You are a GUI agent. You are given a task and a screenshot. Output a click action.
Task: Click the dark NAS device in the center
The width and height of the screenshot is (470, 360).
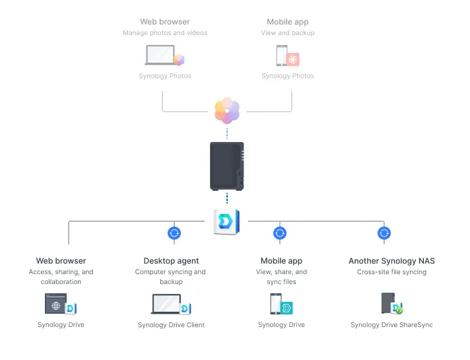coord(227,166)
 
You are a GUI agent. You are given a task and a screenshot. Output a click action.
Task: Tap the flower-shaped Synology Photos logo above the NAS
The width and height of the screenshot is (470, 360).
coord(227,111)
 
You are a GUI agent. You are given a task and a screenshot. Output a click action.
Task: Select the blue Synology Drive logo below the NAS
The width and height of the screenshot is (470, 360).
coord(226,222)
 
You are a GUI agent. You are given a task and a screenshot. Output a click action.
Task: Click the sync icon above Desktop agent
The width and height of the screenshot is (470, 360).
coord(174,233)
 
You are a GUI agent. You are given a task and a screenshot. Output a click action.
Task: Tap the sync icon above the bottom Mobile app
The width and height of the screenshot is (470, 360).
coord(280,233)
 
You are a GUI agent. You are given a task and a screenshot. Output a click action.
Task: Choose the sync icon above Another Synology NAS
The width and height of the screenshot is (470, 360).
coord(384,233)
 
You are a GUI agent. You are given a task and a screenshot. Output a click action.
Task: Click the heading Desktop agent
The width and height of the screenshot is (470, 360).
coord(171,261)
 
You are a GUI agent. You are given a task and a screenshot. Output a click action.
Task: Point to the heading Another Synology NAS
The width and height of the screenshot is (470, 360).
coord(391,261)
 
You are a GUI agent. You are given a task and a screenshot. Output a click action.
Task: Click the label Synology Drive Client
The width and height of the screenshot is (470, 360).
coord(171,325)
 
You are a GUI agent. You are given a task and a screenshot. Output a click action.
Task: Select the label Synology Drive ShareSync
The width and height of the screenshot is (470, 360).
coord(391,325)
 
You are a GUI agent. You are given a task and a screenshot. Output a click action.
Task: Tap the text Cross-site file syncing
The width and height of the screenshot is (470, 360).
coord(391,271)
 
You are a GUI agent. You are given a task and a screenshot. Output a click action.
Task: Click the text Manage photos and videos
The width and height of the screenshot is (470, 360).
coord(165,33)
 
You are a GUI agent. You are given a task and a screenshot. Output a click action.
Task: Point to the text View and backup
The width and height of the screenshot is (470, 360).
coord(288,33)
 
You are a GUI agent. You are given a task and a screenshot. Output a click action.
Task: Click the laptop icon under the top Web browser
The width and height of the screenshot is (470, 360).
coord(160,55)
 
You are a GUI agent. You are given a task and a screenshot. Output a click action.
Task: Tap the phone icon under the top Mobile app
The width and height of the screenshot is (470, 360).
coord(282,55)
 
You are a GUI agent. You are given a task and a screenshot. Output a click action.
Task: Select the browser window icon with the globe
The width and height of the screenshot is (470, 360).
coord(55,304)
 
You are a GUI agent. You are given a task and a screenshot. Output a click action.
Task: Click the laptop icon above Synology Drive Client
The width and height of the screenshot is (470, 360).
coord(166,304)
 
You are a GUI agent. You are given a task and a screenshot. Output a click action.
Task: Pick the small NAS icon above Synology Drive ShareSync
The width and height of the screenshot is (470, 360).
coord(388,303)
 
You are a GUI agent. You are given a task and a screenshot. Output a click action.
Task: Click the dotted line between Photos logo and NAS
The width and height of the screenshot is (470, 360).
coord(227,133)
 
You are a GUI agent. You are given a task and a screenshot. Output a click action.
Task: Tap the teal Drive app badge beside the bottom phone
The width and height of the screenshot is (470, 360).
coord(286,308)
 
